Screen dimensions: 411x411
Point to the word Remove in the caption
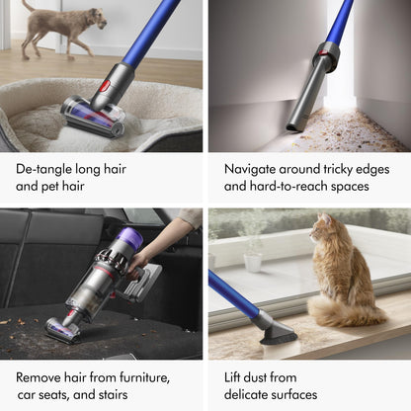41,376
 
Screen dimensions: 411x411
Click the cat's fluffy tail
346,311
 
